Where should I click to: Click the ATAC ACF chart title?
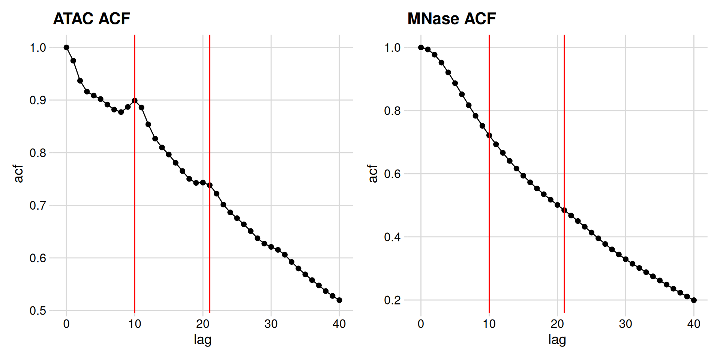(x=91, y=19)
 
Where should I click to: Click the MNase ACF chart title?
(x=451, y=19)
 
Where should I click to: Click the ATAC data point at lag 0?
(x=66, y=48)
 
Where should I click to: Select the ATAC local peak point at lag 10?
(x=135, y=100)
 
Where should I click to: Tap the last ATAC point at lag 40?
(x=339, y=300)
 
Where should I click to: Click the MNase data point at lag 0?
(x=421, y=48)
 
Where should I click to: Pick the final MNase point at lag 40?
(x=694, y=300)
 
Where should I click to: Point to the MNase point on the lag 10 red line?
(x=489, y=135)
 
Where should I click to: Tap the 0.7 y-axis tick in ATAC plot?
(x=37, y=205)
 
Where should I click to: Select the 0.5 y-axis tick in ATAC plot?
(x=37, y=310)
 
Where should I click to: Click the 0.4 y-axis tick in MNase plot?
(x=392, y=237)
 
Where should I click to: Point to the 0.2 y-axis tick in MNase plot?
(x=392, y=300)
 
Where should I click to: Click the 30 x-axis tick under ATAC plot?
(x=271, y=324)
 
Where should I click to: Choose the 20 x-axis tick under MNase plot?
(x=557, y=324)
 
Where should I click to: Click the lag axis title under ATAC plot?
(x=202, y=340)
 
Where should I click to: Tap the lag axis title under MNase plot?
(x=557, y=340)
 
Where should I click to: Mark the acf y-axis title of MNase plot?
(x=373, y=173)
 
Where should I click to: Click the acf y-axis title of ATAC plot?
(x=18, y=173)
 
